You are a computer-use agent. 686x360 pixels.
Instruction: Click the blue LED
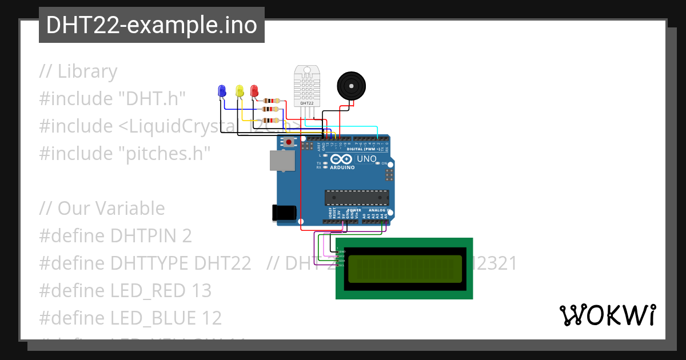222,90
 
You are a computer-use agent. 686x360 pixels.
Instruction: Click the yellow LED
240,90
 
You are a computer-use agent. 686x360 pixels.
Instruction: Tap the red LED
254,90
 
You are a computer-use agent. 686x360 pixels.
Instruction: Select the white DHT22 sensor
307,86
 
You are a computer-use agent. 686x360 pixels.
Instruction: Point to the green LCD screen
404,269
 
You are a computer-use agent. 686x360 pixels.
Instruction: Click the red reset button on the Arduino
289,141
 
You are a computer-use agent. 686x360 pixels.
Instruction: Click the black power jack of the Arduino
284,213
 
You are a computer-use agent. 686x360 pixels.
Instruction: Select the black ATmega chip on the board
357,197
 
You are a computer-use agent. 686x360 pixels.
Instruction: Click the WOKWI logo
607,315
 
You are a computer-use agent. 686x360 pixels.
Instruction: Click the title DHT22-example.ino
151,25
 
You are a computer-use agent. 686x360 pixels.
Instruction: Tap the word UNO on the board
366,159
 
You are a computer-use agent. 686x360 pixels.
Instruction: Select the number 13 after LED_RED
201,290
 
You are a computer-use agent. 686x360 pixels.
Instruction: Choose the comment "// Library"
78,71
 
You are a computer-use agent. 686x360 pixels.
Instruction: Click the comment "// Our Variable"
102,208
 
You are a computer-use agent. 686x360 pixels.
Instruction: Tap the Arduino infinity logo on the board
342,159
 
